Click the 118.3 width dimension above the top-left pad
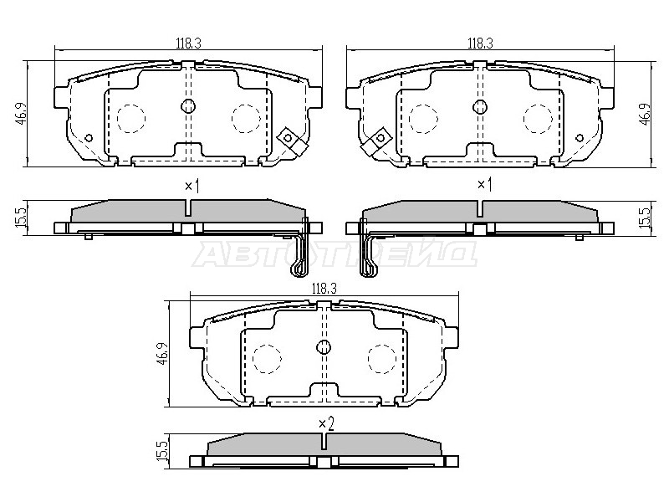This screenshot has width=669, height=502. (x=188, y=44)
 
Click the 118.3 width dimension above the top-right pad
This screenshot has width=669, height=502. (x=480, y=44)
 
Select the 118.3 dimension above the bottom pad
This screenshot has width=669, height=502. (x=324, y=289)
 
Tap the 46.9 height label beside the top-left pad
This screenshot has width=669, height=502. (x=21, y=113)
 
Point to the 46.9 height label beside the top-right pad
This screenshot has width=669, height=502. (x=646, y=113)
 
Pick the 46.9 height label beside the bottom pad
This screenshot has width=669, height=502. (x=162, y=353)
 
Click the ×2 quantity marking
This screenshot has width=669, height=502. (x=326, y=423)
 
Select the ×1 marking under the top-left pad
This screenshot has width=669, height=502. (x=192, y=186)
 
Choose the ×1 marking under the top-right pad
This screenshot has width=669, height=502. (x=484, y=185)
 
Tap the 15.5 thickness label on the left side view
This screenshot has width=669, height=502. (x=21, y=218)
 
